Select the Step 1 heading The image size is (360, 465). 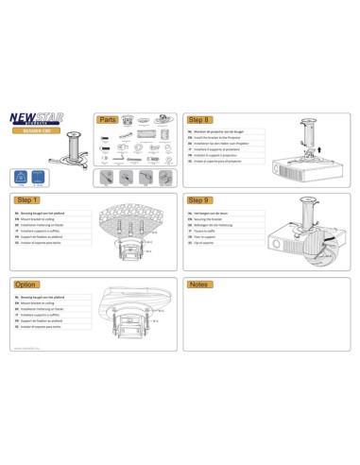point(27,201)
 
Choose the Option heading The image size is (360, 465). point(26,284)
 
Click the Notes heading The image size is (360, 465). point(198,284)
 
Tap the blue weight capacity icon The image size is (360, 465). point(21,178)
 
